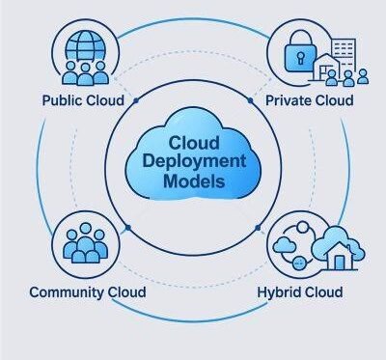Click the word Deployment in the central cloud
[194, 162]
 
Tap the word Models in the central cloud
[194, 181]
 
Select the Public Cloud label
[83, 100]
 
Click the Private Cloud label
[310, 100]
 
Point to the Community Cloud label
[88, 292]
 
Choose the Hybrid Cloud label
[300, 292]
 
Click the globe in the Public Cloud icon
[85, 45]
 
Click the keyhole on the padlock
[301, 58]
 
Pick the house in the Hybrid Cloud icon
[340, 256]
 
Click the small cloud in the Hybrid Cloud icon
[285, 245]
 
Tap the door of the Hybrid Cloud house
[340, 263]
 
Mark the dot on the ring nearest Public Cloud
[136, 100]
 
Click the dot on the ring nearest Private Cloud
[250, 100]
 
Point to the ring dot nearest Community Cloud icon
[128, 228]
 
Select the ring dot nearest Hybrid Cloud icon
[258, 228]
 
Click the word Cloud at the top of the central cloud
[194, 143]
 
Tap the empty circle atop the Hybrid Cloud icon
[302, 227]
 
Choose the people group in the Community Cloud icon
[85, 243]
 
